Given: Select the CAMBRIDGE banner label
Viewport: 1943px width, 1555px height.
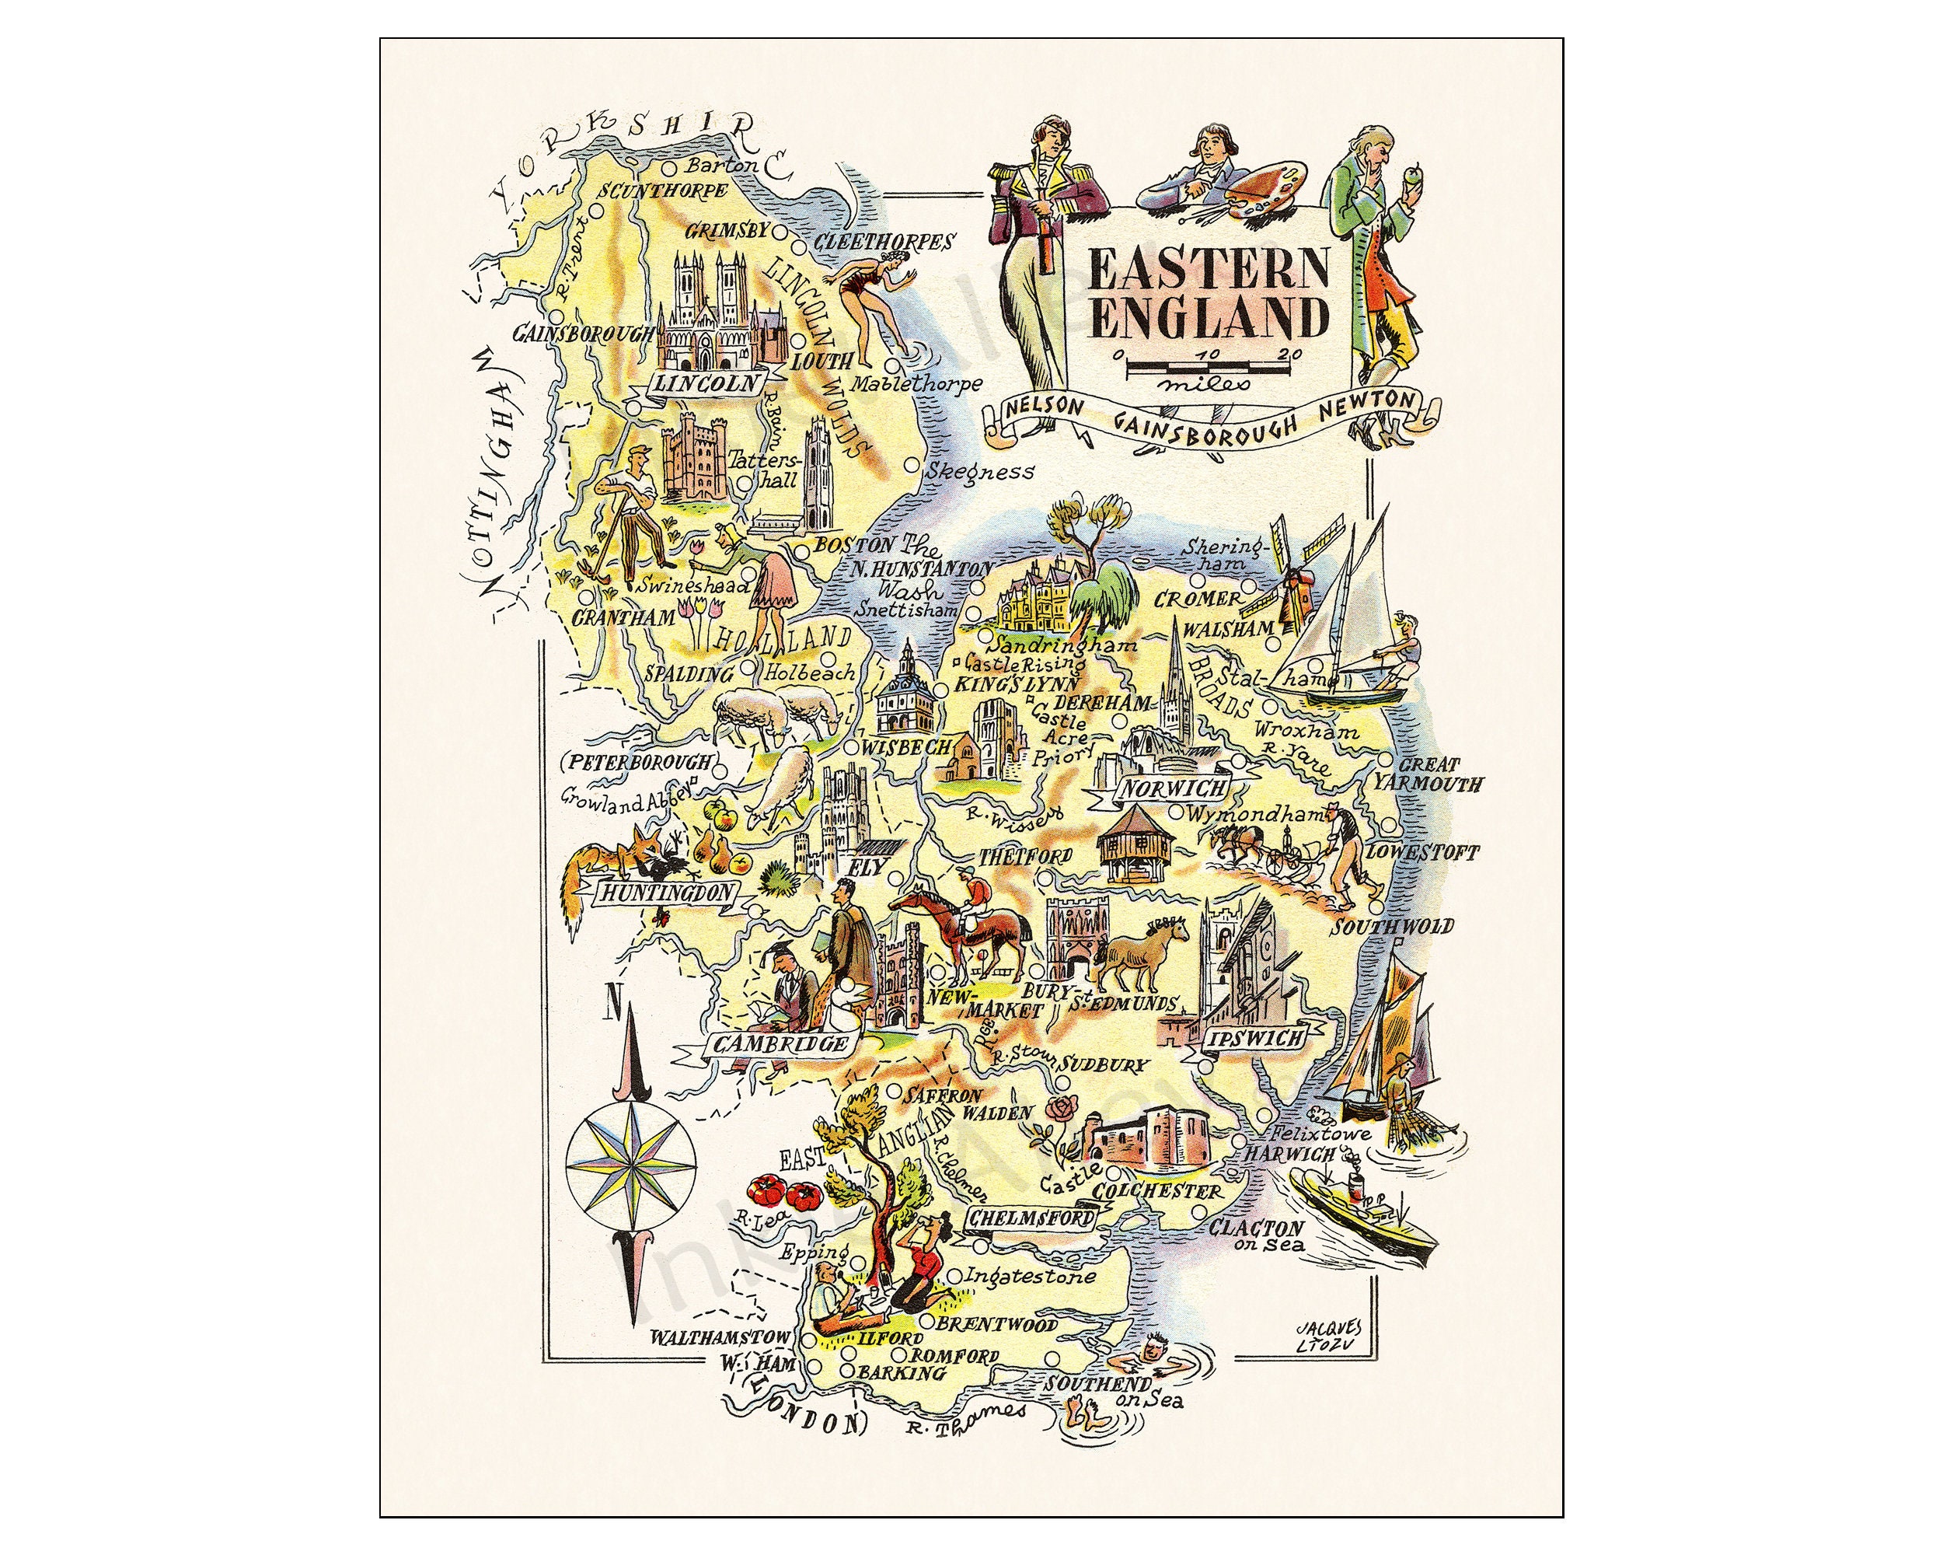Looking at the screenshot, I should click(x=780, y=1044).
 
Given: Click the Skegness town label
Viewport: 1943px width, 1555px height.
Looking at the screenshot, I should click(x=981, y=471).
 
